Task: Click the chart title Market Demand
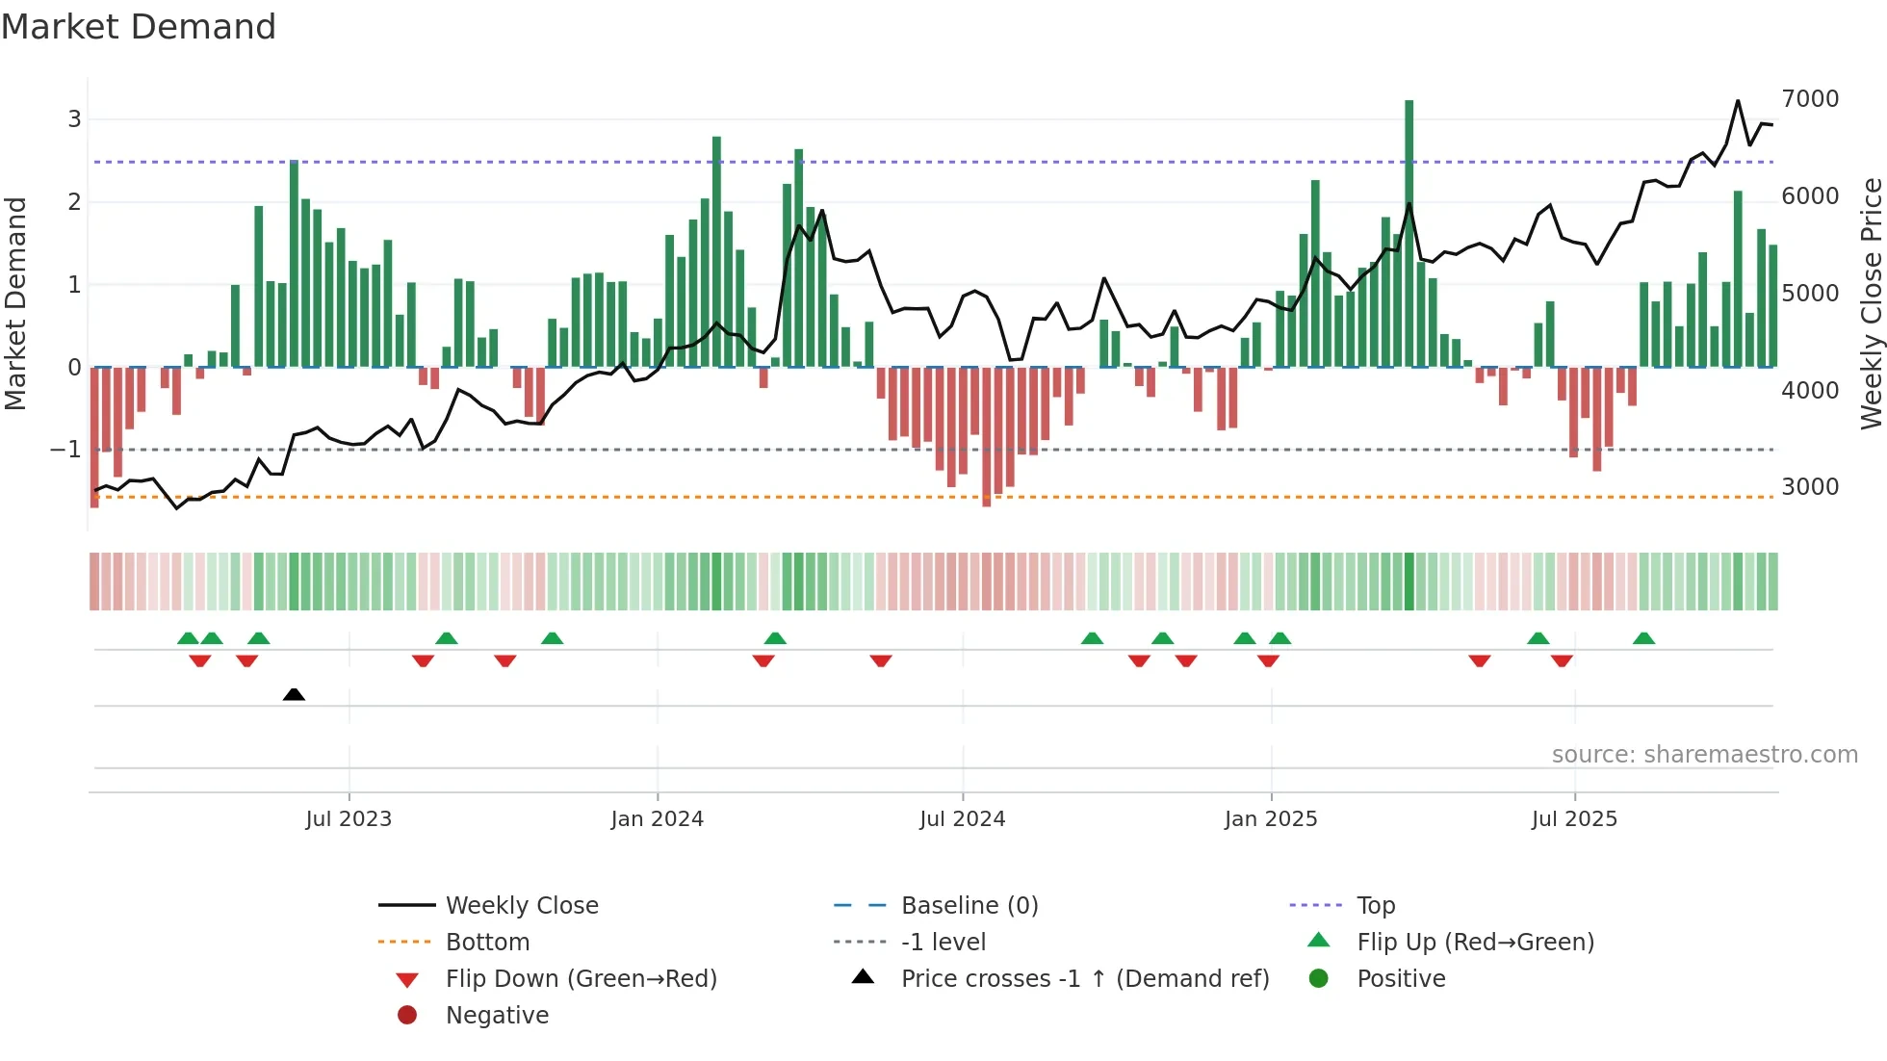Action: coord(139,27)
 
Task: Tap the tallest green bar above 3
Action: coord(1409,231)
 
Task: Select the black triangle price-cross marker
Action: coord(294,694)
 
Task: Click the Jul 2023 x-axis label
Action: coord(349,819)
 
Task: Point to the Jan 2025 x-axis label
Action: coord(1271,819)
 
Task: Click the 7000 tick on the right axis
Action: coord(1810,99)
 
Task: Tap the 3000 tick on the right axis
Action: coord(1810,487)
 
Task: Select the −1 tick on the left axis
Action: coord(65,450)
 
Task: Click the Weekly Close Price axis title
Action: coord(1871,303)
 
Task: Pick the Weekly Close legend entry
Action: coord(521,906)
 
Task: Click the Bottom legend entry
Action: coord(487,943)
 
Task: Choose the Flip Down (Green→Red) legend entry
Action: coord(581,979)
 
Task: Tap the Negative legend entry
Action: coord(497,1016)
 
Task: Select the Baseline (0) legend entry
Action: coord(969,906)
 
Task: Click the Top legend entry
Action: coord(1376,906)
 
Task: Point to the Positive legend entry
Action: coord(1401,979)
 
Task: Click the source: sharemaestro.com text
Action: coord(1704,755)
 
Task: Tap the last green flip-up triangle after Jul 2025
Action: coord(1643,638)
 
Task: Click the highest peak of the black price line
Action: coord(1738,101)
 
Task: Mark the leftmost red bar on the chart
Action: coord(94,438)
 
